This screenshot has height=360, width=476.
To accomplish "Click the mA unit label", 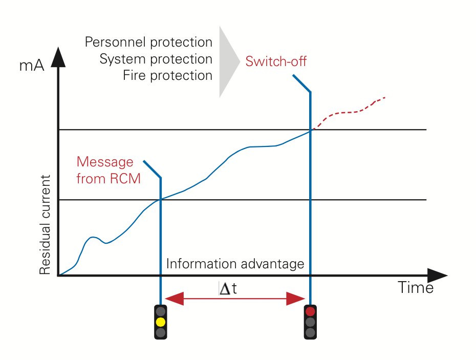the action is coord(32,66).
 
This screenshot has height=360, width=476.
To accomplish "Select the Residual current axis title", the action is coord(45,225).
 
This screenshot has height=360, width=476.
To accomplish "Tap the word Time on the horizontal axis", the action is coord(416,287).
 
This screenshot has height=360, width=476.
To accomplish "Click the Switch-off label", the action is coord(276,61).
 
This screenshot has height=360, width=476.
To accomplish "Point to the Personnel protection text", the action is coord(148,42).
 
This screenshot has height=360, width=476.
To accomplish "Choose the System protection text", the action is coord(156,59).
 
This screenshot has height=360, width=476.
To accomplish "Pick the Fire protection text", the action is coord(167,75).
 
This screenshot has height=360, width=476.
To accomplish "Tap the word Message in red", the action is coord(105,162).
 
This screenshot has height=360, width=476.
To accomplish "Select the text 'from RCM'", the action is coord(109,179).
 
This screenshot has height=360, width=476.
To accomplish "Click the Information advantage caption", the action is coord(235,264).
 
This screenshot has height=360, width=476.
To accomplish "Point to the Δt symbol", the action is coord(228,288).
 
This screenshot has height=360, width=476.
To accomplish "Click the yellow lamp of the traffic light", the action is coord(161,322).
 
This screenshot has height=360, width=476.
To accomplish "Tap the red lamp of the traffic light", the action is coord(310,311).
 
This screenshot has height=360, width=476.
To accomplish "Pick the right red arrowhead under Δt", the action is coord(295,299).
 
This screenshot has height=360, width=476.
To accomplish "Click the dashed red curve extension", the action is coord(349,113).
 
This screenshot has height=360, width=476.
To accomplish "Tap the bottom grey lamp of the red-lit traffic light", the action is coord(310,333).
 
